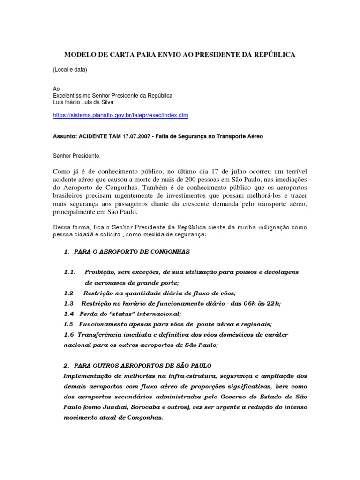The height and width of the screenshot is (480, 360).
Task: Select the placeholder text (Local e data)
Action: click(69, 70)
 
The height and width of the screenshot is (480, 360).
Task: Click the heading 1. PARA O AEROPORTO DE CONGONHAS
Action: click(127, 252)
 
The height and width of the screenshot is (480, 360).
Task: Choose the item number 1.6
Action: click(69, 334)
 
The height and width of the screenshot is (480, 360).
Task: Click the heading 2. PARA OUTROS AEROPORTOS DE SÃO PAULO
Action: click(138, 365)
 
